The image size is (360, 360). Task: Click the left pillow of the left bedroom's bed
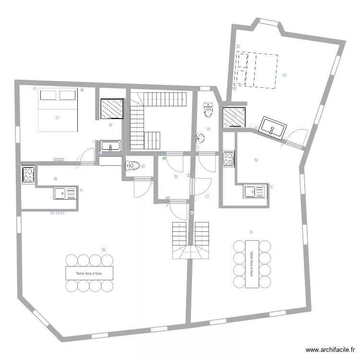[x=48, y=95]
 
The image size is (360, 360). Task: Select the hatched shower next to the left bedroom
[x=111, y=109]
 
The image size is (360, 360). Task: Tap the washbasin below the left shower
[x=111, y=146]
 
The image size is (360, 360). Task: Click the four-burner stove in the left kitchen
[x=28, y=174]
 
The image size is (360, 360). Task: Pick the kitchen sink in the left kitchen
[x=65, y=193]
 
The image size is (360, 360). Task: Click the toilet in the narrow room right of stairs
[x=208, y=111]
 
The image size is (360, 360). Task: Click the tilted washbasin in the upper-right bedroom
[x=273, y=128]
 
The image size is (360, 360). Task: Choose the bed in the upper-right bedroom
[x=256, y=70]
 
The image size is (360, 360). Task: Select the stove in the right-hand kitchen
[x=228, y=159]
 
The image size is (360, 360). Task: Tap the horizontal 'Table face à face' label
[x=89, y=273]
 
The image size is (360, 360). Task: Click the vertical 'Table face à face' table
[x=252, y=264]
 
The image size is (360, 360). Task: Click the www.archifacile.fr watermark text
[x=331, y=350]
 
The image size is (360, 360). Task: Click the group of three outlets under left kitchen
[x=57, y=212]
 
